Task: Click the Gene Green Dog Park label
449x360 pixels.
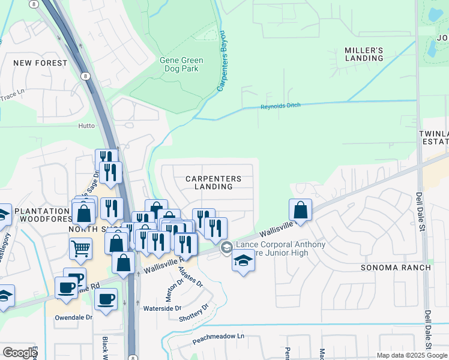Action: pyautogui.click(x=181, y=65)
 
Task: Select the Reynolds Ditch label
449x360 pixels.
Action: pyautogui.click(x=279, y=106)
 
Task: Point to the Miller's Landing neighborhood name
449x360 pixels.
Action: pyautogui.click(x=364, y=54)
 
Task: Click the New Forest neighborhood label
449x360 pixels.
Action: pyautogui.click(x=40, y=62)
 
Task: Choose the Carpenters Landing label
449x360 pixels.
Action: pyautogui.click(x=213, y=182)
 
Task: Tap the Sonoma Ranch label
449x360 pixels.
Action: pyautogui.click(x=396, y=267)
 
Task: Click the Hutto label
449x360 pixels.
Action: pyautogui.click(x=86, y=126)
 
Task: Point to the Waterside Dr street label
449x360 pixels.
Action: pyautogui.click(x=162, y=308)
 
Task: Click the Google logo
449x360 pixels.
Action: pyautogui.click(x=20, y=353)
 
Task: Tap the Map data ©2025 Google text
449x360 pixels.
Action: pyautogui.click(x=411, y=355)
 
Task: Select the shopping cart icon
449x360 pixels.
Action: pyautogui.click(x=80, y=247)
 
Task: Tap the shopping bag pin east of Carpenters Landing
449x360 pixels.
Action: pyautogui.click(x=300, y=210)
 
